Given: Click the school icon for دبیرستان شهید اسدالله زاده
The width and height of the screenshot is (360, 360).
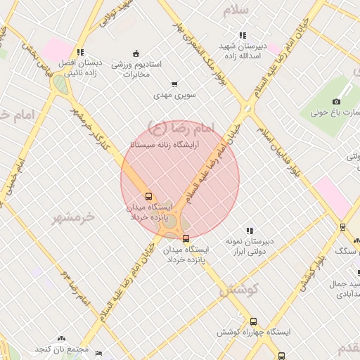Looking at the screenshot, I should point(243,35).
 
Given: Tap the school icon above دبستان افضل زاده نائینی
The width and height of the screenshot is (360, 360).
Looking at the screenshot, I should point(81,51).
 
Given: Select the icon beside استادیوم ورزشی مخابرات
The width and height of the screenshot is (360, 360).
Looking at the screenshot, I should point(136,53).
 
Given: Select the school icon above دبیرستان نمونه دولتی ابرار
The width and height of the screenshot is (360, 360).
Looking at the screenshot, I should point(249,230).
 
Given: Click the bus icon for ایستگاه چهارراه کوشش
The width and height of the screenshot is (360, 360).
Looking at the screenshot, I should point(253,321).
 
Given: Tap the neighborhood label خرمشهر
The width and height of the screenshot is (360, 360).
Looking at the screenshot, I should point(73,217).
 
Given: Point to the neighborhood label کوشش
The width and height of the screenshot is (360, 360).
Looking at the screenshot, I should point(239,289).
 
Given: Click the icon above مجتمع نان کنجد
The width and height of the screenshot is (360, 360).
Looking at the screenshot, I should point(61,339).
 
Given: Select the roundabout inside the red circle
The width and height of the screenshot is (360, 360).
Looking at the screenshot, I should point(169,220).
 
